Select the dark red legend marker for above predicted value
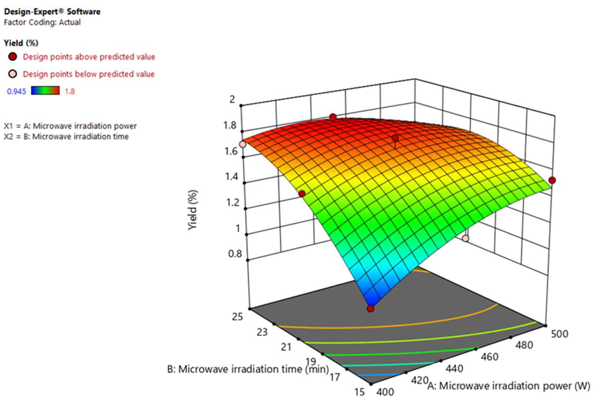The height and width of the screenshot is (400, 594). (13, 57)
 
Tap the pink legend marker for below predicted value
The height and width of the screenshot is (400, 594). (13, 74)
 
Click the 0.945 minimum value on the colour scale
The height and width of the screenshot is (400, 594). (16, 91)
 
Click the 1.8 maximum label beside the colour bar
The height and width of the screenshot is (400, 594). (69, 91)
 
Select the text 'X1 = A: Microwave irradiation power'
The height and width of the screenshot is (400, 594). (70, 126)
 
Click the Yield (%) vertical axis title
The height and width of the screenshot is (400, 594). (193, 210)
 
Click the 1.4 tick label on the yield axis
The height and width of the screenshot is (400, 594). (232, 176)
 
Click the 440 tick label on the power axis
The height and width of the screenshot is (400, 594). (454, 369)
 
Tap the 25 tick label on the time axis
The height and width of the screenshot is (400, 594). (237, 317)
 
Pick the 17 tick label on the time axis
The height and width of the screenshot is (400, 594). (334, 377)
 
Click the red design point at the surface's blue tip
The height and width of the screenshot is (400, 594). (370, 309)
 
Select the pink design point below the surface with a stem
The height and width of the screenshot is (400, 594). (466, 238)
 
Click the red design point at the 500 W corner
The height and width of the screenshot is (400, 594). (552, 180)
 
